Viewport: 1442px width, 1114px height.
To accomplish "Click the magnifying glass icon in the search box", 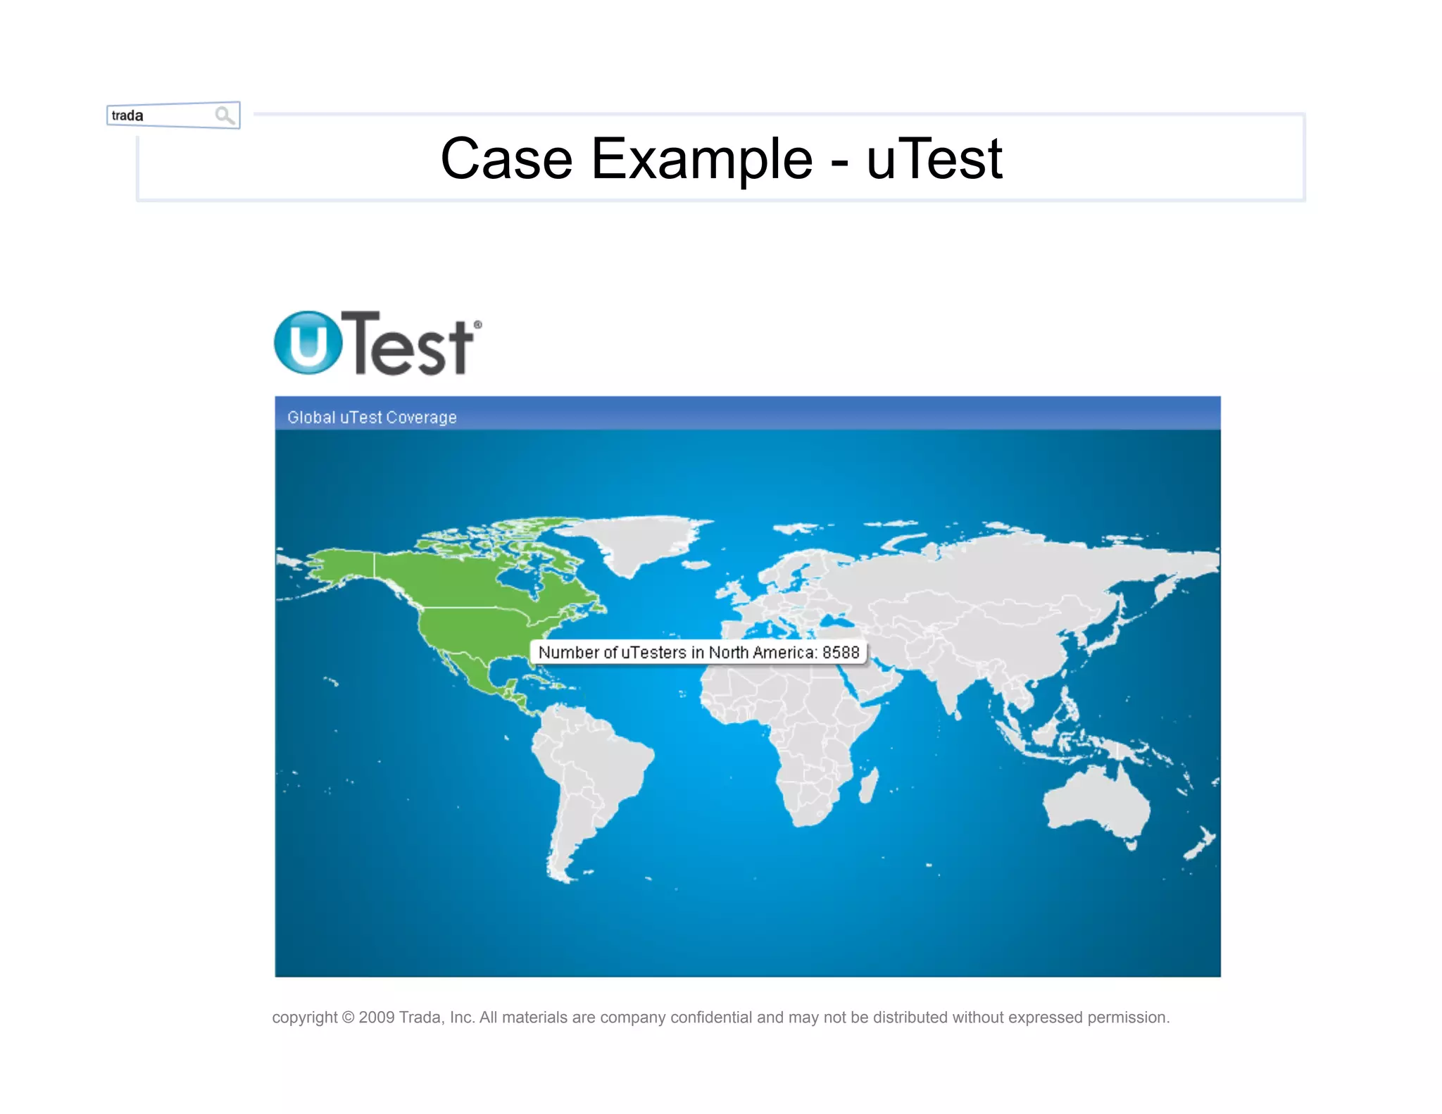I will click(225, 115).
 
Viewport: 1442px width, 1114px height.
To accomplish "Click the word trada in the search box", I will click(127, 115).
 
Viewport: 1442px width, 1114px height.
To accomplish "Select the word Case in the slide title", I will click(506, 159).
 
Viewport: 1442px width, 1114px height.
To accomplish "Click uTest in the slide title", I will click(934, 159).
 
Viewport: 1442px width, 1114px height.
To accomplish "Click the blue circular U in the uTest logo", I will click(308, 343).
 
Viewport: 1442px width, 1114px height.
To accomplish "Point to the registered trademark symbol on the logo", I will click(478, 325).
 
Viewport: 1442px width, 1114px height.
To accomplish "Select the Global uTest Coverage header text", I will click(372, 418).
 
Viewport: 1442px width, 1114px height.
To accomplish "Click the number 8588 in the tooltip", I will click(841, 652).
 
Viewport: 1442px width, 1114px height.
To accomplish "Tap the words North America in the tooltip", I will click(763, 652).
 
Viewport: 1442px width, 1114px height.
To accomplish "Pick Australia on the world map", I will click(1096, 802).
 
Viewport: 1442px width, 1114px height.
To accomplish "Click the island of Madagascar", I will click(869, 784).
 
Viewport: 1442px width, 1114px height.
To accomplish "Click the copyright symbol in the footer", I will click(349, 1018).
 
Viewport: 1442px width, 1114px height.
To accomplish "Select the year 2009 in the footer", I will click(377, 1018).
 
